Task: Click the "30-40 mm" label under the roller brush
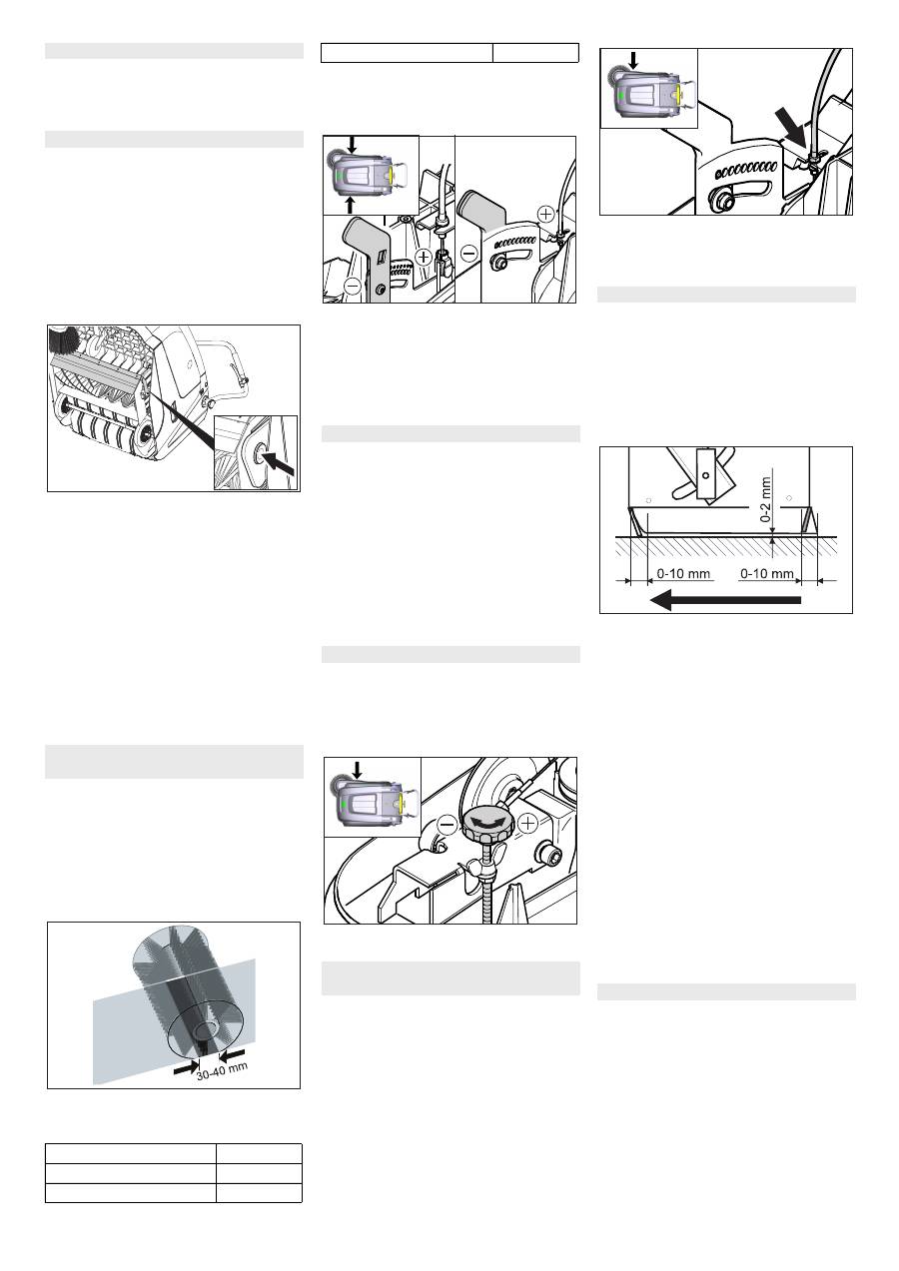[222, 1070]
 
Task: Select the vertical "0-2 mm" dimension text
[765, 499]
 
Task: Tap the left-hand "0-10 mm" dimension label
[683, 574]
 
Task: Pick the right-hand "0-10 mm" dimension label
[767, 574]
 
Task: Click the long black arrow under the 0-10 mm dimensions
[725, 599]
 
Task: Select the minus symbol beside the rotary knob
[448, 825]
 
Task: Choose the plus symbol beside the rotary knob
[527, 824]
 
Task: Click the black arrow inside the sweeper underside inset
[279, 463]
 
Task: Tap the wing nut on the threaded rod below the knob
[476, 869]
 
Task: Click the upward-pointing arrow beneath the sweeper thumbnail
[352, 206]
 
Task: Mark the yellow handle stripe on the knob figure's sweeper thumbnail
[402, 803]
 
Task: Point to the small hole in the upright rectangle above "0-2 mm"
[705, 474]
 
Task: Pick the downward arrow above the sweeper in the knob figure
[357, 770]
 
